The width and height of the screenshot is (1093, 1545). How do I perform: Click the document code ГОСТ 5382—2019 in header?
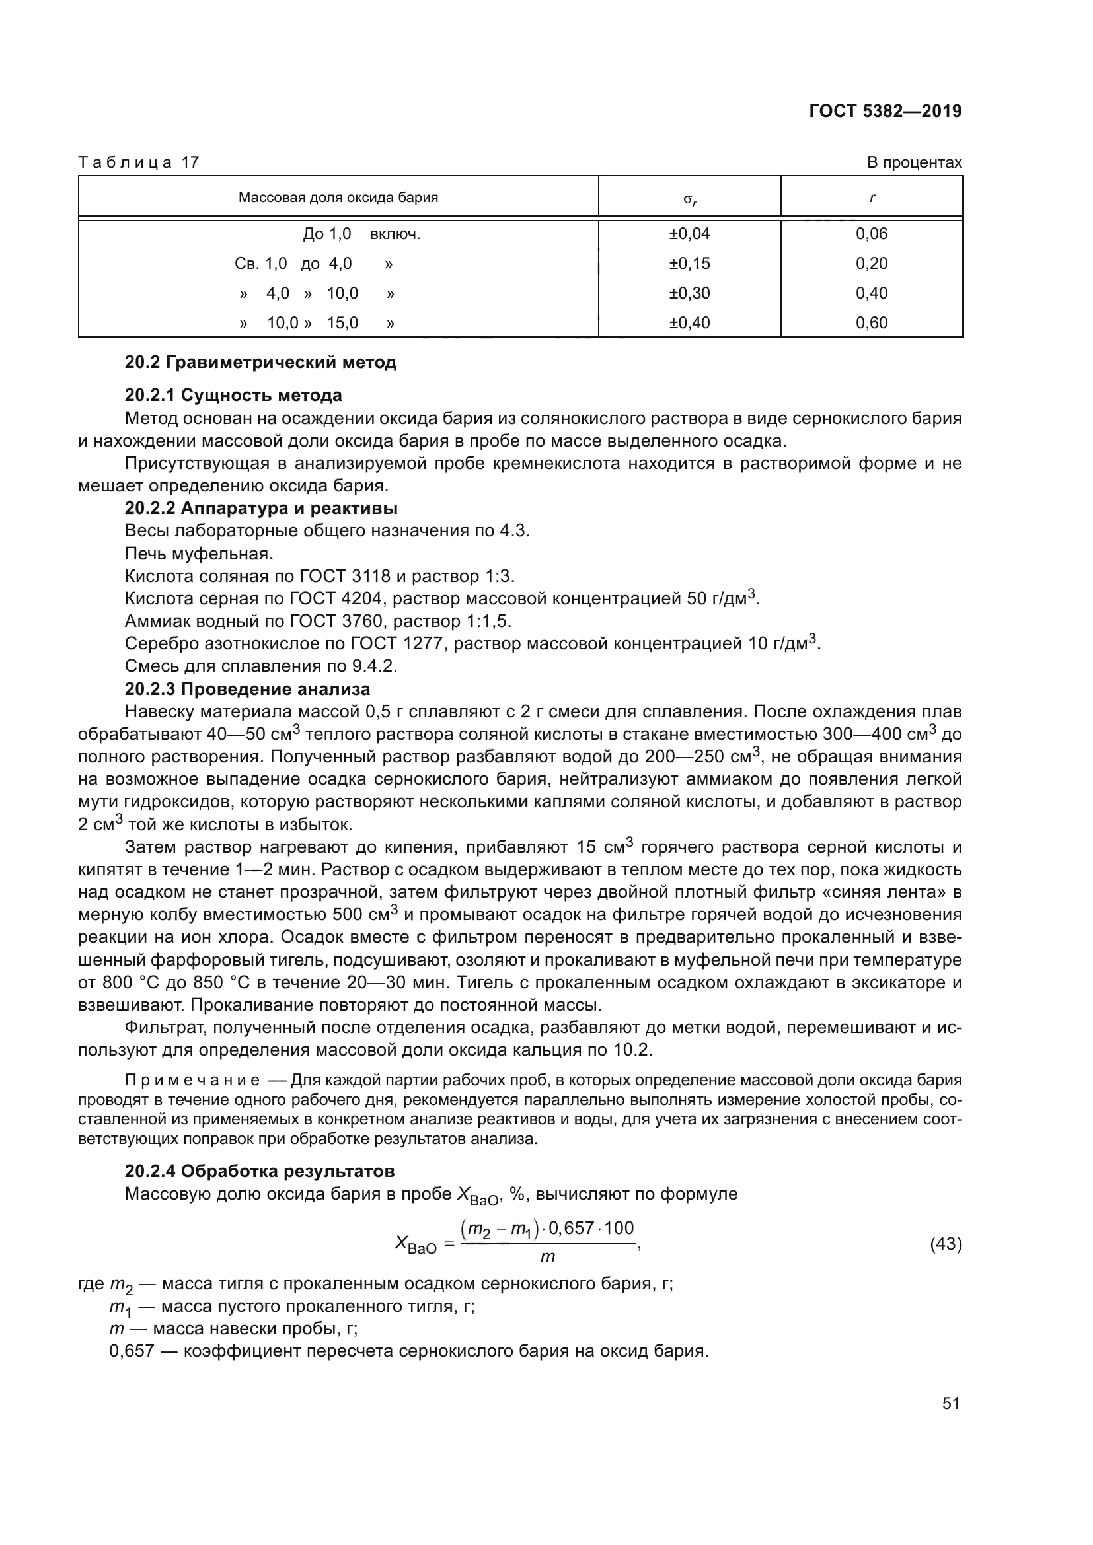coord(885,111)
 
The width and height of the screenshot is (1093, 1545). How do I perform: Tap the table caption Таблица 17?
coord(139,162)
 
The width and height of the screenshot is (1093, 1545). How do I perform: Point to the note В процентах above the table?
coord(914,162)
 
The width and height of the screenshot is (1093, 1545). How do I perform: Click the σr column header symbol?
coord(690,199)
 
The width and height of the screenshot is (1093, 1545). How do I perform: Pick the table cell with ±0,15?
coord(689,263)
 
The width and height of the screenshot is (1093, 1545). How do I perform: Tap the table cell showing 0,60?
coord(872,322)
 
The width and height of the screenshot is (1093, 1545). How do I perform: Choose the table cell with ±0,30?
coord(689,293)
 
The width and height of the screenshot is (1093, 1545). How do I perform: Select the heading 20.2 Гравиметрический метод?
coord(260,362)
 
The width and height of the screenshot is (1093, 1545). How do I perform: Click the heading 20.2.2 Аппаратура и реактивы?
coord(261,508)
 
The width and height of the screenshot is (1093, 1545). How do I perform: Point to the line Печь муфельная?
coord(198,554)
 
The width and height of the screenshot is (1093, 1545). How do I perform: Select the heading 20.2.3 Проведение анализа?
coord(247,689)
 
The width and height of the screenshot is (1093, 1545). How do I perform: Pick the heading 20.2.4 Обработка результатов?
coord(260,1171)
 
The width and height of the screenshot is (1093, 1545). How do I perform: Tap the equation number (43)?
coord(946,1244)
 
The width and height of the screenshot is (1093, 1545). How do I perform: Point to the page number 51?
coord(950,1403)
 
